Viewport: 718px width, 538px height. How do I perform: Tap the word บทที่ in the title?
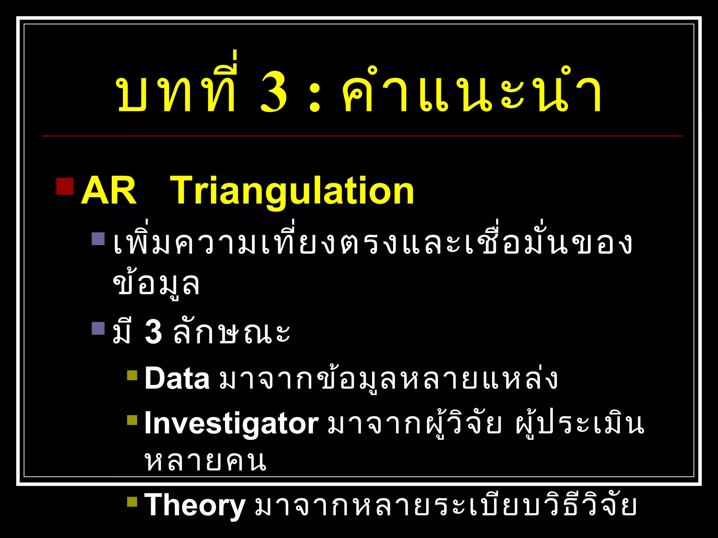pyautogui.click(x=177, y=89)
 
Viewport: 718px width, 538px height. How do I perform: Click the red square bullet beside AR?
pyautogui.click(x=65, y=186)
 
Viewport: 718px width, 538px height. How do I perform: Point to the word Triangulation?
pyautogui.click(x=292, y=191)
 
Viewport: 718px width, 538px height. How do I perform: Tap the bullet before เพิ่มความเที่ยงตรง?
pyautogui.click(x=98, y=239)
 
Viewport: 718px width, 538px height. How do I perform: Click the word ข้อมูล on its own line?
pyautogui.click(x=156, y=284)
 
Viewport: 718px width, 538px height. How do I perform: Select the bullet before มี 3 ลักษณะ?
pyautogui.click(x=98, y=328)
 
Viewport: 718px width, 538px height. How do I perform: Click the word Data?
pyautogui.click(x=177, y=378)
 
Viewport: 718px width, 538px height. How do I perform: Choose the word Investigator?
pyautogui.click(x=231, y=424)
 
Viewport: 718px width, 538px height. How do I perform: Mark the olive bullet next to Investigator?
pyautogui.click(x=132, y=420)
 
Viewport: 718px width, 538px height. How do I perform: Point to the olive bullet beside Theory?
pyautogui.click(x=132, y=502)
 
